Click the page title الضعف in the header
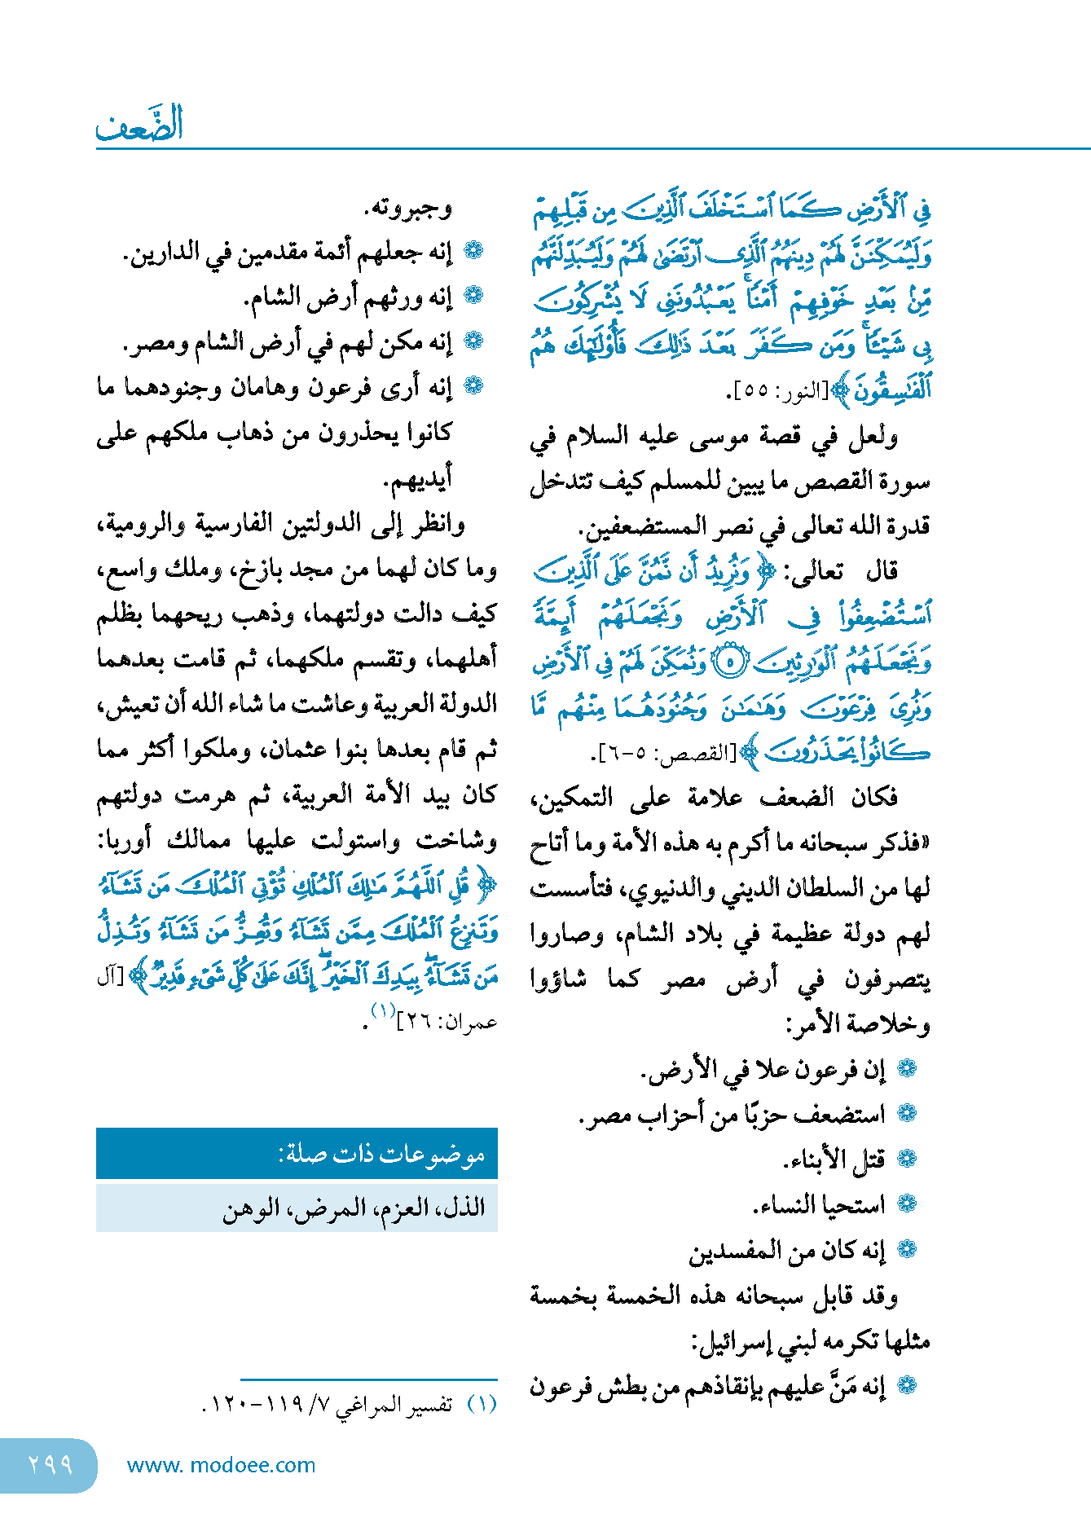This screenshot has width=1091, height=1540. click(x=139, y=125)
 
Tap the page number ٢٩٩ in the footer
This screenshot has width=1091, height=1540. click(x=51, y=1464)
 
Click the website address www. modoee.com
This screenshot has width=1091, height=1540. click(x=221, y=1465)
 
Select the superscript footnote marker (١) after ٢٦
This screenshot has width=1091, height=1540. click(x=383, y=1011)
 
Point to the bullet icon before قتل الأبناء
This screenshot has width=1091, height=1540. click(x=907, y=1159)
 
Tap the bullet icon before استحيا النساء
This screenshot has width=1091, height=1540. click(x=907, y=1203)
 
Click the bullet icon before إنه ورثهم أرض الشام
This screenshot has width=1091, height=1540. click(x=473, y=297)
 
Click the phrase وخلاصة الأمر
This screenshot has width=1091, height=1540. click(x=859, y=1023)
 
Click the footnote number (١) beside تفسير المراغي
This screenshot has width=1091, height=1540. click(x=482, y=1404)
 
